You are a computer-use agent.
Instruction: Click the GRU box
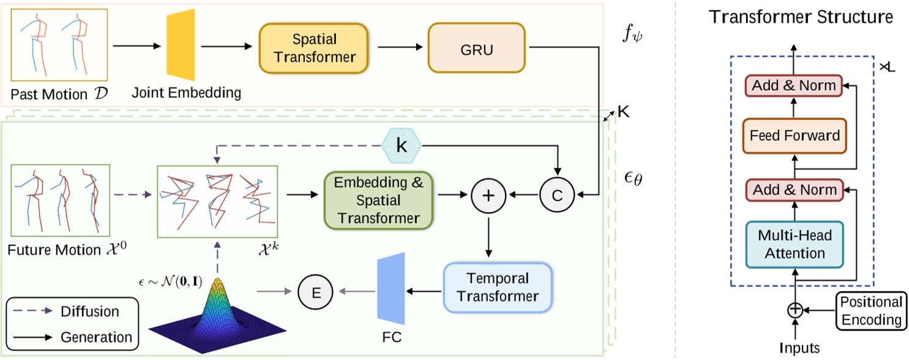point(476,48)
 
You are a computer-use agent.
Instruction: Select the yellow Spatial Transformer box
point(313,48)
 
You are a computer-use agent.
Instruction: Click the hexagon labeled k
point(401,146)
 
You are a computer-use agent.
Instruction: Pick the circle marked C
point(556,195)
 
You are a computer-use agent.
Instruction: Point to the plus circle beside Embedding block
point(488,195)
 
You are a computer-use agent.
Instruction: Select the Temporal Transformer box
point(498,287)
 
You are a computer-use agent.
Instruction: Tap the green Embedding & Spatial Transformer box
point(379,200)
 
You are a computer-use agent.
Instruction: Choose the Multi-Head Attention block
point(795,244)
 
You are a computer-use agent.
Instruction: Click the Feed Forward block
point(795,135)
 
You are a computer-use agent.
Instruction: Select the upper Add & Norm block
point(794,86)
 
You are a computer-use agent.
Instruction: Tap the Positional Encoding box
point(870,310)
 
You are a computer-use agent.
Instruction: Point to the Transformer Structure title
point(800,17)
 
